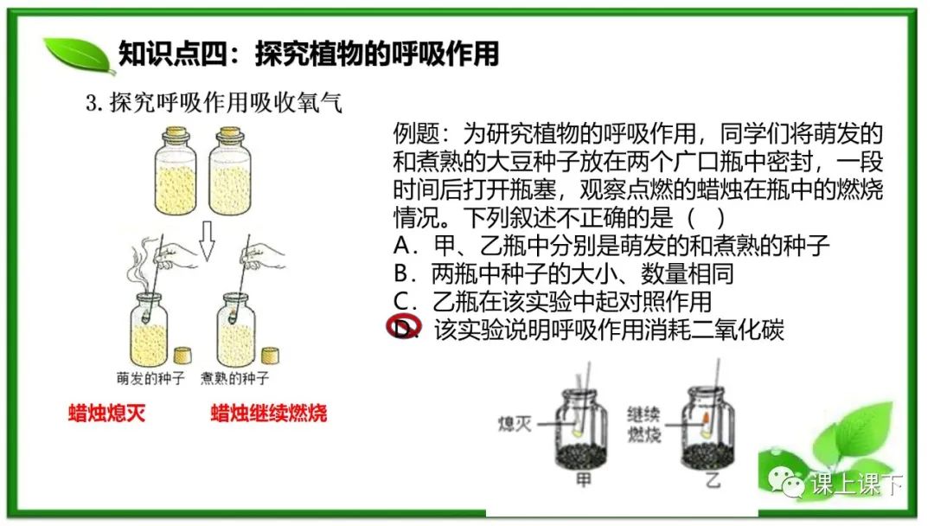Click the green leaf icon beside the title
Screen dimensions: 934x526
click(80, 55)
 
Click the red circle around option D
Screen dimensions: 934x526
click(403, 326)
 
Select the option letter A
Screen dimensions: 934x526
click(402, 246)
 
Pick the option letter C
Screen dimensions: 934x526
click(402, 301)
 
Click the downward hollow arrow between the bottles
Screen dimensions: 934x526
click(206, 241)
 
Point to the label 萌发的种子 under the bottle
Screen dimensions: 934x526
click(150, 378)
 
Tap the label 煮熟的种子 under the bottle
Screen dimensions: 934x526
click(234, 378)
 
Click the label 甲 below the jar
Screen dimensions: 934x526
click(583, 479)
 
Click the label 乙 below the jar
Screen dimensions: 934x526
click(713, 479)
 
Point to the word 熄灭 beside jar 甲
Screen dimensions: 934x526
click(515, 424)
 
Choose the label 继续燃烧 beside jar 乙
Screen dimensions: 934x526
click(644, 425)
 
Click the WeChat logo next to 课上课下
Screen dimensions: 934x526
click(785, 482)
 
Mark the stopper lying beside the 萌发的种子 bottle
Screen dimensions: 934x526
click(182, 355)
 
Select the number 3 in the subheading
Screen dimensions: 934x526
click(91, 104)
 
